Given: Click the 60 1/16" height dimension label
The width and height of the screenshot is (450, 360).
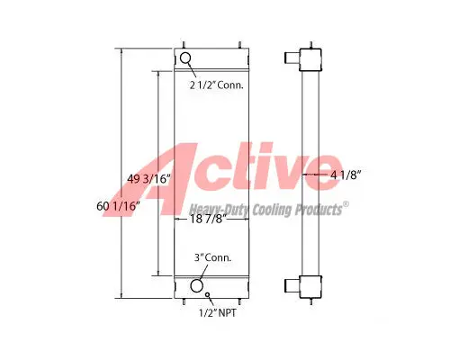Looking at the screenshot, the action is point(118,206).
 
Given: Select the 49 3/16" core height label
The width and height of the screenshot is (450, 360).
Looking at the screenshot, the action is point(148,179).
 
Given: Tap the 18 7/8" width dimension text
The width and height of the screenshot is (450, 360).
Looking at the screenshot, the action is point(208,219).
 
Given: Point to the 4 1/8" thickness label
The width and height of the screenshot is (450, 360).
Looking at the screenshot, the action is point(345,175).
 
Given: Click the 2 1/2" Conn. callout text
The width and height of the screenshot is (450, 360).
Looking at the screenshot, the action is point(216,85).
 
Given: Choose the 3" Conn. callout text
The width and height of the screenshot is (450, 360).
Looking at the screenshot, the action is point(212,257).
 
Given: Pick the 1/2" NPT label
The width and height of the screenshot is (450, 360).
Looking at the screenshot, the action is point(218,313).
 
